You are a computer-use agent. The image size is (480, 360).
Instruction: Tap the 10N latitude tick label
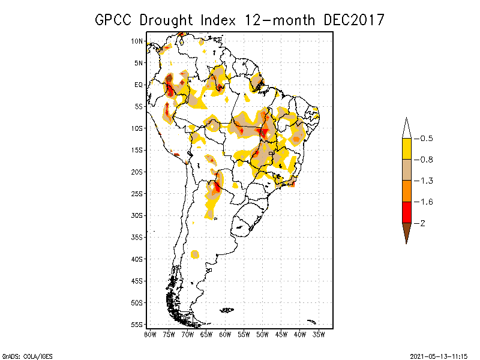click(137, 41)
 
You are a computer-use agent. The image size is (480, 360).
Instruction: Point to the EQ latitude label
click(139, 85)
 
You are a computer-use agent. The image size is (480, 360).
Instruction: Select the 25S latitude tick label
click(137, 193)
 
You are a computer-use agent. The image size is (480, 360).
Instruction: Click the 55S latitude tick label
click(137, 324)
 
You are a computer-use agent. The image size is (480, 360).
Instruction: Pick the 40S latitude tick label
click(137, 259)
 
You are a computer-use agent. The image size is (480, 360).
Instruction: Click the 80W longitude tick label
click(150, 334)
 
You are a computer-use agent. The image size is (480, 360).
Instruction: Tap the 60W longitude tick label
click(225, 334)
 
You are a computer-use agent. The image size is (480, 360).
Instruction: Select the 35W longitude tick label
click(319, 334)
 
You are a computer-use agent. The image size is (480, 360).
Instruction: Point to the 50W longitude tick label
click(262, 334)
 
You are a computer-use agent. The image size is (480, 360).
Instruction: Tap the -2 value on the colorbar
click(422, 223)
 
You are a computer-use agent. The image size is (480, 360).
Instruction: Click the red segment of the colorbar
click(406, 212)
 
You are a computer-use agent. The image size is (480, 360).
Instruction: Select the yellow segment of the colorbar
click(406, 149)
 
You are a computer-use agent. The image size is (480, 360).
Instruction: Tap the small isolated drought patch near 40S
click(195, 254)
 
